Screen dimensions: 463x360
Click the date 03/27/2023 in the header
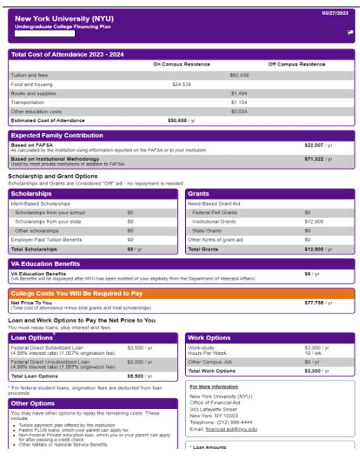(x=335, y=13)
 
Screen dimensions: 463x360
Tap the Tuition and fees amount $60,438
(x=239, y=75)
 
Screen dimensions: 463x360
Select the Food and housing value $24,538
(x=182, y=84)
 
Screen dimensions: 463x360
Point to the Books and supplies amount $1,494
(x=239, y=93)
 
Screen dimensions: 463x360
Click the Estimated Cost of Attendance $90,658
(x=178, y=121)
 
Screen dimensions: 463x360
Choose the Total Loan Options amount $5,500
(x=136, y=376)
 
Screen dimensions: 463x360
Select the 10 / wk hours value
(x=310, y=353)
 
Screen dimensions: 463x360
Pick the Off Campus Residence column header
(x=297, y=64)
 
